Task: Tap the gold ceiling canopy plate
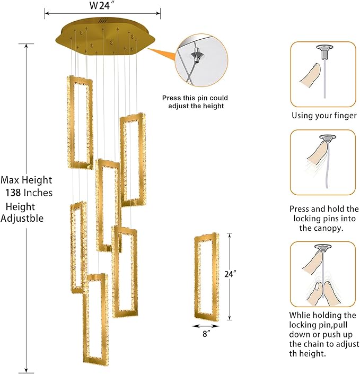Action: (106, 37)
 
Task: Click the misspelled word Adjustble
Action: (22, 218)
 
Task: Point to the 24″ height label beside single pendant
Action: (230, 274)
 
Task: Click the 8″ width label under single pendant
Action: (206, 334)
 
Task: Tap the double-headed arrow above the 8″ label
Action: (205, 326)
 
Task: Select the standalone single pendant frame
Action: (206, 276)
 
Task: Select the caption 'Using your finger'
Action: (323, 116)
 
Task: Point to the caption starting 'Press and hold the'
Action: (324, 209)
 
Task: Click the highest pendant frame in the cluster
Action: (80, 122)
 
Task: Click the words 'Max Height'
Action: (27, 180)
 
